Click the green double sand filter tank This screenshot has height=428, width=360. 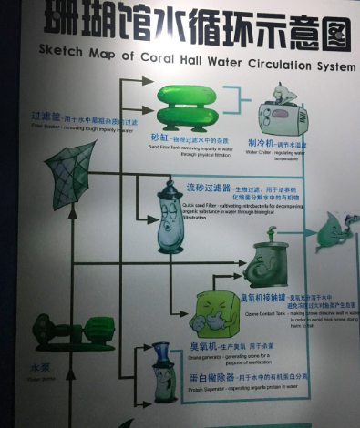[188, 107]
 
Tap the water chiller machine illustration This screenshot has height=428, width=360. [282, 113]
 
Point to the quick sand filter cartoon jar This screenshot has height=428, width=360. [170, 218]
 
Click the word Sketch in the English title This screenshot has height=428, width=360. [62, 55]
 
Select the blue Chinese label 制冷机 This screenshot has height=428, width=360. [262, 143]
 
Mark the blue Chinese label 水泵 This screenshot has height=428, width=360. [39, 369]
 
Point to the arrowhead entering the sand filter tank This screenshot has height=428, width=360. [148, 81]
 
